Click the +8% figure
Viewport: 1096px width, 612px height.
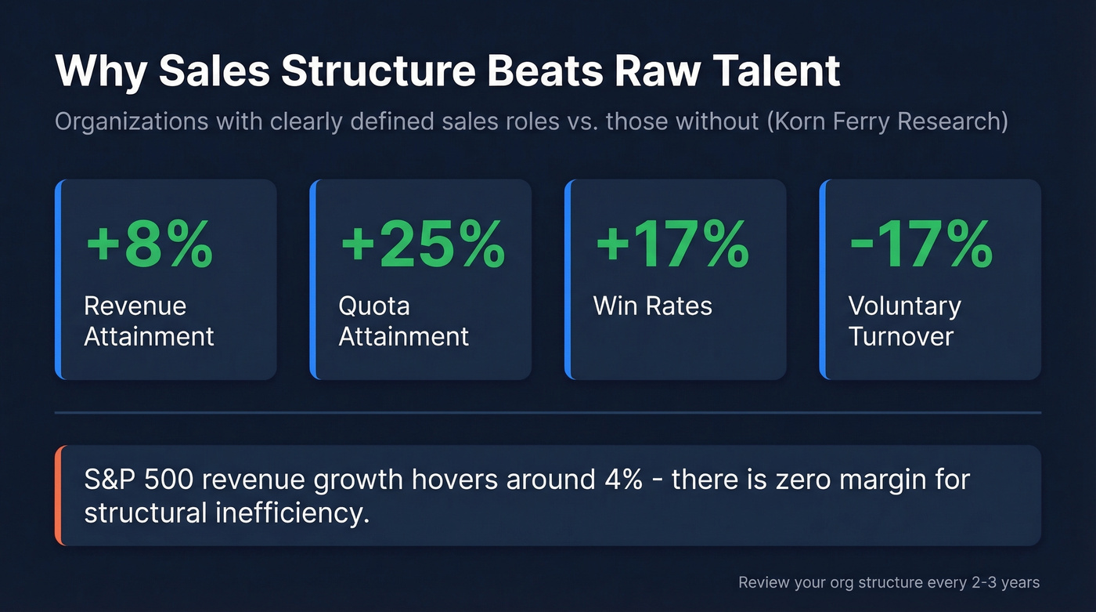pyautogui.click(x=149, y=244)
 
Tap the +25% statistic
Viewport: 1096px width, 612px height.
pyautogui.click(x=423, y=244)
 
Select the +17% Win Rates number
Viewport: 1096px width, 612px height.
pyautogui.click(x=672, y=244)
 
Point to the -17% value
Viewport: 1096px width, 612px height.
pyautogui.click(x=921, y=244)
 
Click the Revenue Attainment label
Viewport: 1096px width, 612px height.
pyautogui.click(x=149, y=320)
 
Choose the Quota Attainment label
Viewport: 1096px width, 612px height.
pyautogui.click(x=403, y=320)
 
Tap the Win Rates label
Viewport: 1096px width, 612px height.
pyautogui.click(x=653, y=306)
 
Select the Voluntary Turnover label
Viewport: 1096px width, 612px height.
pyautogui.click(x=904, y=320)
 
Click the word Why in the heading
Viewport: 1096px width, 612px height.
pyautogui.click(x=100, y=71)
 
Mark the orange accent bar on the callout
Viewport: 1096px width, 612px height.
pyautogui.click(x=58, y=495)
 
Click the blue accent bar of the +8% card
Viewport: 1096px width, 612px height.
pyautogui.click(x=58, y=280)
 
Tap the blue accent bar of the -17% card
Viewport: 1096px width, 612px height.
pyautogui.click(x=823, y=280)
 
